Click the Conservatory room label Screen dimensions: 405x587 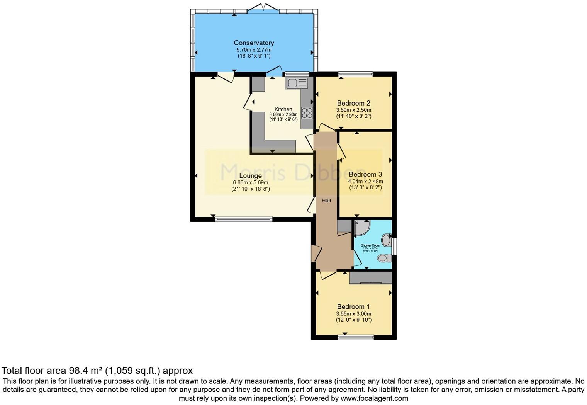point(254,43)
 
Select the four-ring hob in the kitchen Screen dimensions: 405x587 point(307,113)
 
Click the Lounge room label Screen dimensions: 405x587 point(250,176)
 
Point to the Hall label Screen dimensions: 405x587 point(326,201)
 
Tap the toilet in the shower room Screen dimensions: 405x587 point(383,258)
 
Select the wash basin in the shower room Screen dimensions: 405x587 point(386,240)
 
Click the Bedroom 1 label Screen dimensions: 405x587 point(353,307)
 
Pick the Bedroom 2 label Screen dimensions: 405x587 point(353,103)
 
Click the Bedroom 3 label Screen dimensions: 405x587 point(365,174)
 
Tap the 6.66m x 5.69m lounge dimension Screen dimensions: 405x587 point(250,182)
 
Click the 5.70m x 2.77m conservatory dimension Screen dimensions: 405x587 point(254,50)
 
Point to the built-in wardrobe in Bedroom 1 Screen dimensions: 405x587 point(370,278)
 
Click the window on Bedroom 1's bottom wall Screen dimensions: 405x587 point(356,337)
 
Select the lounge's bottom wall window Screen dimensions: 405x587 point(243,219)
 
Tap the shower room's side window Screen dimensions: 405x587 point(394,246)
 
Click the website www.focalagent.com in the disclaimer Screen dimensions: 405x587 point(373,398)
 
